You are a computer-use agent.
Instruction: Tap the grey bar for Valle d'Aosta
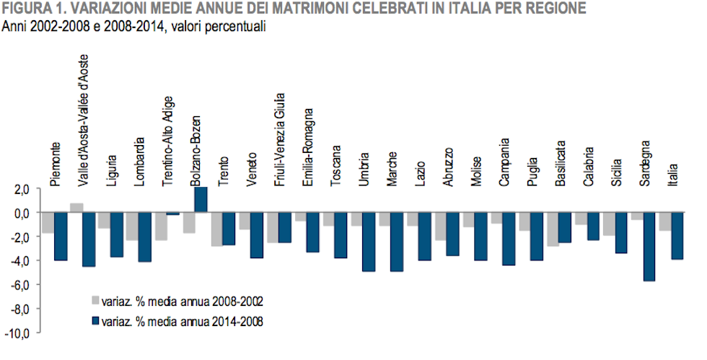(x=76, y=208)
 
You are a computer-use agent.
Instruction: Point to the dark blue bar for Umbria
(x=369, y=242)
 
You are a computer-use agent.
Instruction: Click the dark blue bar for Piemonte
(x=61, y=237)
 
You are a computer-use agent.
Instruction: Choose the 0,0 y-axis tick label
(x=19, y=213)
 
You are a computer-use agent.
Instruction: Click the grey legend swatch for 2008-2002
(x=95, y=299)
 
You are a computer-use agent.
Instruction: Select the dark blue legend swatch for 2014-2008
(x=95, y=322)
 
